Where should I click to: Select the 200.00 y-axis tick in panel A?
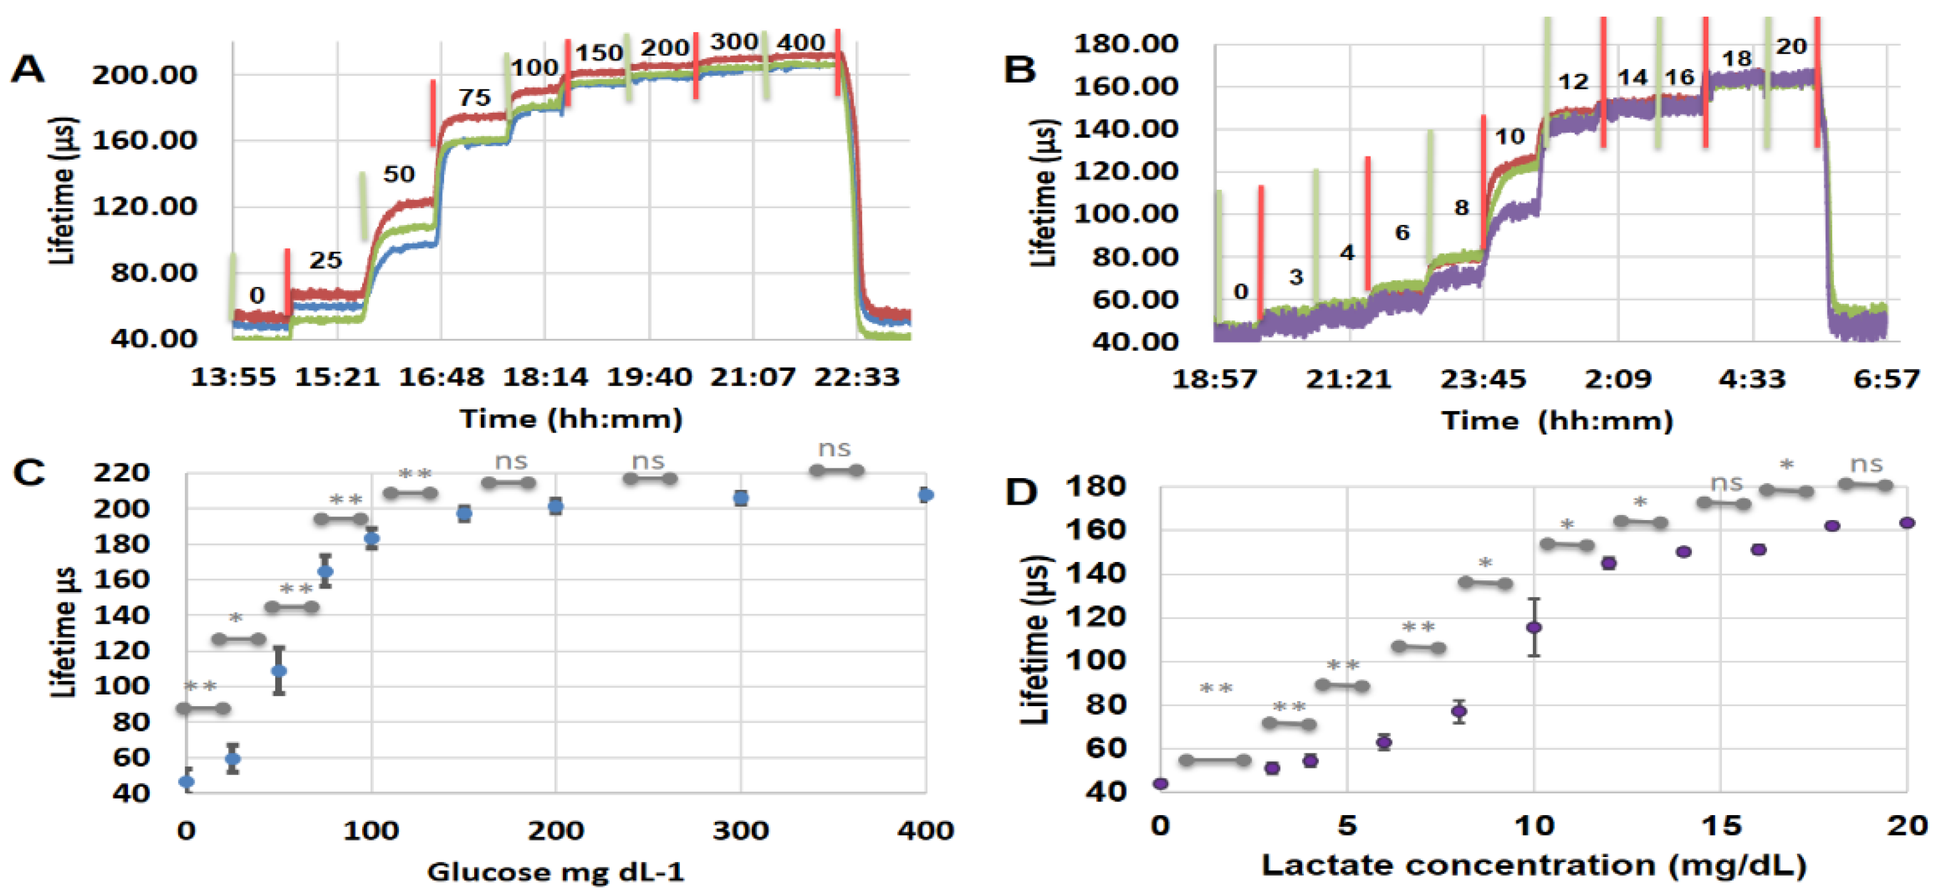tap(144, 75)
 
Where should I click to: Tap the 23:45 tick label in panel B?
tap(1483, 379)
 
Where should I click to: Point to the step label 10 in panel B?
tap(1510, 137)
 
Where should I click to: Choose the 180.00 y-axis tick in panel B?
tap(1125, 44)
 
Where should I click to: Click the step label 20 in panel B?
tap(1791, 47)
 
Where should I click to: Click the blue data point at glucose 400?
tap(926, 495)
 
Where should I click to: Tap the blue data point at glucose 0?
tap(187, 782)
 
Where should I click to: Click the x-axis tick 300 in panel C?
tap(740, 830)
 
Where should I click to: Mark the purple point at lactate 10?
tap(1534, 627)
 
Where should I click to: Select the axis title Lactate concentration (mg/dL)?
tap(1534, 864)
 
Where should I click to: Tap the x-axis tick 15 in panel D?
tap(1721, 826)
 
